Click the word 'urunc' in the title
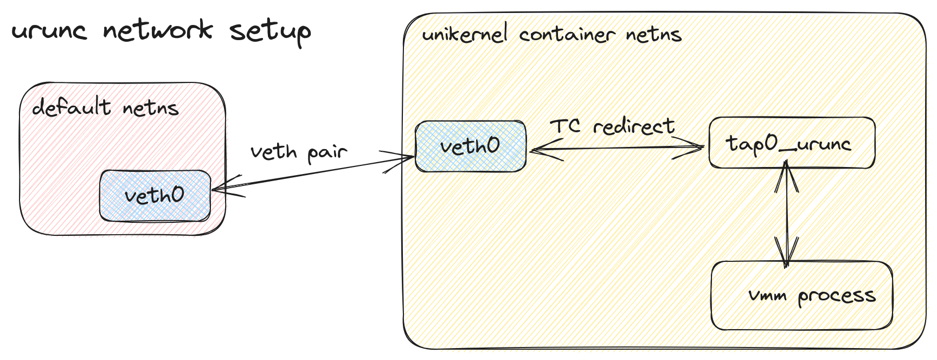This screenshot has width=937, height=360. [49, 31]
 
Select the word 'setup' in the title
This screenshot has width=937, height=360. [270, 31]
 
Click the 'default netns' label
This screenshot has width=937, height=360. [105, 107]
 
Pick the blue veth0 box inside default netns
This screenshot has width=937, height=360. [155, 196]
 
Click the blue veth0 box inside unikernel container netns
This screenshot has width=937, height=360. [470, 146]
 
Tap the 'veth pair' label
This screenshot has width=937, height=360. [298, 152]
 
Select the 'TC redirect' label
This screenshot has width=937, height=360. [612, 127]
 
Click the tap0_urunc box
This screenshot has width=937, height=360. [792, 143]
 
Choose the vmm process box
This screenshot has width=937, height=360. [801, 295]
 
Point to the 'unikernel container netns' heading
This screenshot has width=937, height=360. [551, 35]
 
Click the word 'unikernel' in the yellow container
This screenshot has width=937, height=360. [465, 34]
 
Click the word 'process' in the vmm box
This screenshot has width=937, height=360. [836, 297]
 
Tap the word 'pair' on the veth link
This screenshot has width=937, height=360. [327, 153]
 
